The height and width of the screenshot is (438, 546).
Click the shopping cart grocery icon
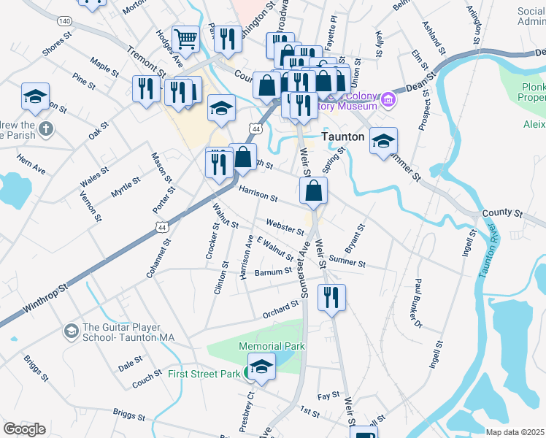pyautogui.click(x=187, y=39)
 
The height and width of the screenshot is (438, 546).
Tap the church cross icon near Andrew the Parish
pyautogui.click(x=46, y=130)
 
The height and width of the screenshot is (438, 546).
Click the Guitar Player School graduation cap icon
pyautogui.click(x=71, y=331)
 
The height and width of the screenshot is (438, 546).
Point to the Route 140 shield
pyautogui.click(x=66, y=21)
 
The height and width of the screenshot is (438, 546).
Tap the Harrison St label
pyautogui.click(x=258, y=193)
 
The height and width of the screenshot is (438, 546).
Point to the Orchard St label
pyautogui.click(x=281, y=310)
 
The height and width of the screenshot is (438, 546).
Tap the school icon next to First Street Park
pyautogui.click(x=261, y=366)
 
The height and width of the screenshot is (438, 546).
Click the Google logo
pyautogui.click(x=23, y=429)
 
